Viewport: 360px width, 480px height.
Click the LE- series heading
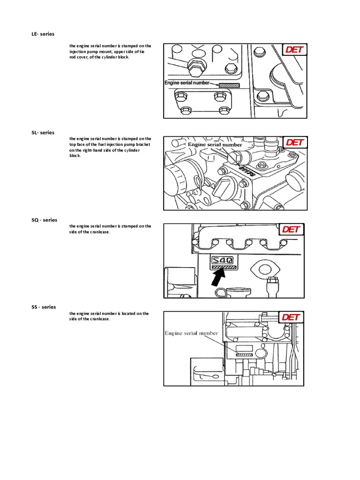point(43,34)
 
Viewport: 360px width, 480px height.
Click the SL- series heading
point(43,133)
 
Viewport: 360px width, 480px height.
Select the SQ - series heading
point(44,220)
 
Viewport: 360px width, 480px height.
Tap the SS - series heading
point(44,307)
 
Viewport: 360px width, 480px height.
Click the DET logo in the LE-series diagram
point(294,50)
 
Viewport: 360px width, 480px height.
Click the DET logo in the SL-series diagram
point(294,142)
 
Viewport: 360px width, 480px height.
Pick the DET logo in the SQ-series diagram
point(291,229)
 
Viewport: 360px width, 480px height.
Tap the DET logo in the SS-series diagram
point(291,317)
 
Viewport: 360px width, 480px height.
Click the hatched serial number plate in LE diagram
point(229,86)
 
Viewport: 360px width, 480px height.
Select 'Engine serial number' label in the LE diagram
point(187,83)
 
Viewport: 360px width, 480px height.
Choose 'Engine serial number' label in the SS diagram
point(191,333)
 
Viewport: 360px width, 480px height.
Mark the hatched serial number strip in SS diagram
point(244,355)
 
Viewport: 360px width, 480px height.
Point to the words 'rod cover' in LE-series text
point(78,57)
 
